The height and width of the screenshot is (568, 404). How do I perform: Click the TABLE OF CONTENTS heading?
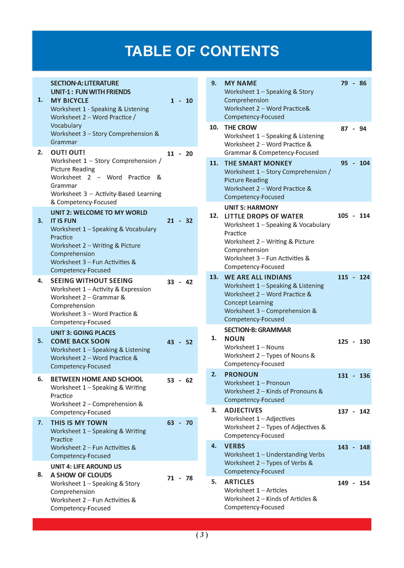[x=202, y=51]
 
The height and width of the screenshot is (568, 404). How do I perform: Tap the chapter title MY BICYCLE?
[x=69, y=101]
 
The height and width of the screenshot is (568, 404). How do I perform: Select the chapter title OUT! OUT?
[x=68, y=153]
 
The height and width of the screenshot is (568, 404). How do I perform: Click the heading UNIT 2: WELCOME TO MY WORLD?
[x=99, y=213]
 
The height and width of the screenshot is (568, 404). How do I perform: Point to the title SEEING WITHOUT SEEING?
[x=92, y=281]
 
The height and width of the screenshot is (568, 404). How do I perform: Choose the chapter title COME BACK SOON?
[x=80, y=342]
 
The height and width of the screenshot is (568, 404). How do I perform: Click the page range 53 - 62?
[x=180, y=381]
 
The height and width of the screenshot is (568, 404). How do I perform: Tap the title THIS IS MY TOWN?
[x=79, y=423]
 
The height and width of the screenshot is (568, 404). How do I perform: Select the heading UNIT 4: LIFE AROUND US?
[x=86, y=467]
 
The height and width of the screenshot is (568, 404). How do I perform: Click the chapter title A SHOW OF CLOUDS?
[x=81, y=475]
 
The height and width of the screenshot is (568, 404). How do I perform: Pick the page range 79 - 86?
[x=353, y=83]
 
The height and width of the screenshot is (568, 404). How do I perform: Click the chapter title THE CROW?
[x=240, y=128]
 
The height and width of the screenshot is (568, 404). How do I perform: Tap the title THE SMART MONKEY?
[x=258, y=163]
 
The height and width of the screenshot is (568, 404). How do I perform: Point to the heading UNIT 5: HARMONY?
[x=251, y=207]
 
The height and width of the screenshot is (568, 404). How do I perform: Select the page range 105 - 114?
[x=353, y=216]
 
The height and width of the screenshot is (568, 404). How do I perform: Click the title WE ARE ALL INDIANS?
[x=258, y=277]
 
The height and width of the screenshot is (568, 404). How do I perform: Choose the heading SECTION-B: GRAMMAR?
[x=258, y=330]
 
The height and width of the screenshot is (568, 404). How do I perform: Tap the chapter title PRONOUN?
[x=241, y=375]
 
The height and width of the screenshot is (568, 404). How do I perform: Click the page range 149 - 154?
[x=353, y=483]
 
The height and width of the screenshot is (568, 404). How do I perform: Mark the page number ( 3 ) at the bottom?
[x=202, y=535]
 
